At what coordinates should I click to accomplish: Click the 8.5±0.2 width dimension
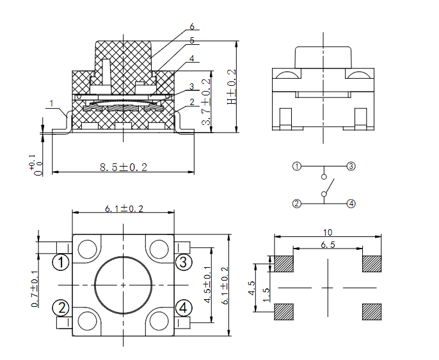pyautogui.click(x=124, y=167)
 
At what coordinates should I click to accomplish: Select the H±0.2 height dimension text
pyautogui.click(x=232, y=87)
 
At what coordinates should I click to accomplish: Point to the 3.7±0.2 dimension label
pyautogui.click(x=206, y=102)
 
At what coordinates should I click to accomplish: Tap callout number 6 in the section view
pyautogui.click(x=192, y=26)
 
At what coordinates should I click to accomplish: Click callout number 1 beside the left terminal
pyautogui.click(x=51, y=103)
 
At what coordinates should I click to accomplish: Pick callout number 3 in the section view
pyautogui.click(x=191, y=86)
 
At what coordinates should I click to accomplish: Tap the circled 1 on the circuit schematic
pyautogui.click(x=297, y=167)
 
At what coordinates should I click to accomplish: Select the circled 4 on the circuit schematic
pyautogui.click(x=351, y=204)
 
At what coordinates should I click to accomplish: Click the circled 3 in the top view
pyautogui.click(x=184, y=262)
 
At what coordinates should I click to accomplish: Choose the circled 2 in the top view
pyautogui.click(x=61, y=307)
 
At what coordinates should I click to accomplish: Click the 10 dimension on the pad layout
pyautogui.click(x=328, y=233)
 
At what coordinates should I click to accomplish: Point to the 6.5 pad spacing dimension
pyautogui.click(x=328, y=245)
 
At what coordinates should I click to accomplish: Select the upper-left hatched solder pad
pyautogui.click(x=284, y=264)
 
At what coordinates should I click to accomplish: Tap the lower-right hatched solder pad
pyautogui.click(x=372, y=312)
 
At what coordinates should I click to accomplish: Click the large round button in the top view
pyautogui.click(x=124, y=285)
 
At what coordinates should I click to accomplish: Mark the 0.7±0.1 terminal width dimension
pyautogui.click(x=35, y=289)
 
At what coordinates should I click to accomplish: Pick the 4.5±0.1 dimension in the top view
pyautogui.click(x=208, y=284)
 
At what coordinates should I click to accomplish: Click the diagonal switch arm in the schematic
pyautogui.click(x=329, y=186)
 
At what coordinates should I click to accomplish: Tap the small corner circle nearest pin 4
pyautogui.click(x=159, y=321)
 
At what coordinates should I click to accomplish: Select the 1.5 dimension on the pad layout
pyautogui.click(x=266, y=295)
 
